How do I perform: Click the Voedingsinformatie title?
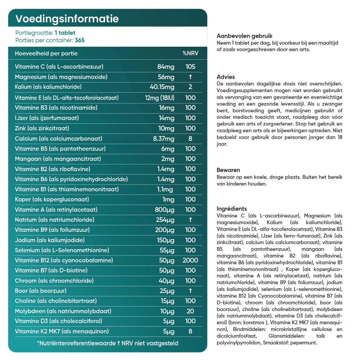coord(67,19)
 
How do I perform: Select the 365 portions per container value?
coord(80,40)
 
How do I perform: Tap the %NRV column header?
coord(190,53)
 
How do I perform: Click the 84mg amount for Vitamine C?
coord(166,67)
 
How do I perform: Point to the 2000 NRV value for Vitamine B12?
coord(190,260)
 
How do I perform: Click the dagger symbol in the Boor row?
coord(190,291)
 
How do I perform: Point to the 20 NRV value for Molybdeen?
coord(190,311)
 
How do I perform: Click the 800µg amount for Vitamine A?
coord(165,210)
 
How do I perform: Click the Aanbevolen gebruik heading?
coord(244,36)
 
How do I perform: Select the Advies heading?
coord(226,77)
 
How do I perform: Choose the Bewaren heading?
coord(228,170)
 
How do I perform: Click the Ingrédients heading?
coord(232,208)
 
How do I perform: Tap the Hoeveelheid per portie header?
coord(46,53)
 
